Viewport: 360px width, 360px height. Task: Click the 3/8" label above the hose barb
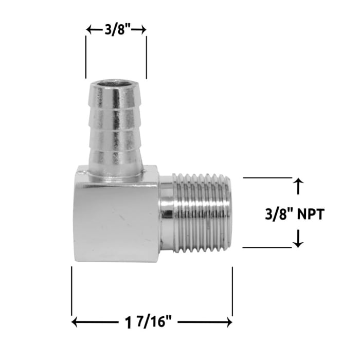point(117,30)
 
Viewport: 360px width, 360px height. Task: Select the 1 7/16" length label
point(152,323)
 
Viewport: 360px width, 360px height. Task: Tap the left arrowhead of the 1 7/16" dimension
point(75,322)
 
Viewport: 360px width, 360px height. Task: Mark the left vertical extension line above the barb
point(86,57)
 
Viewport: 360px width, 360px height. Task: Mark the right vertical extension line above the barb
point(147,57)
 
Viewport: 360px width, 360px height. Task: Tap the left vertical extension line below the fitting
point(71,291)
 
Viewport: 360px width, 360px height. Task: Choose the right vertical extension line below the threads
point(232,291)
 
